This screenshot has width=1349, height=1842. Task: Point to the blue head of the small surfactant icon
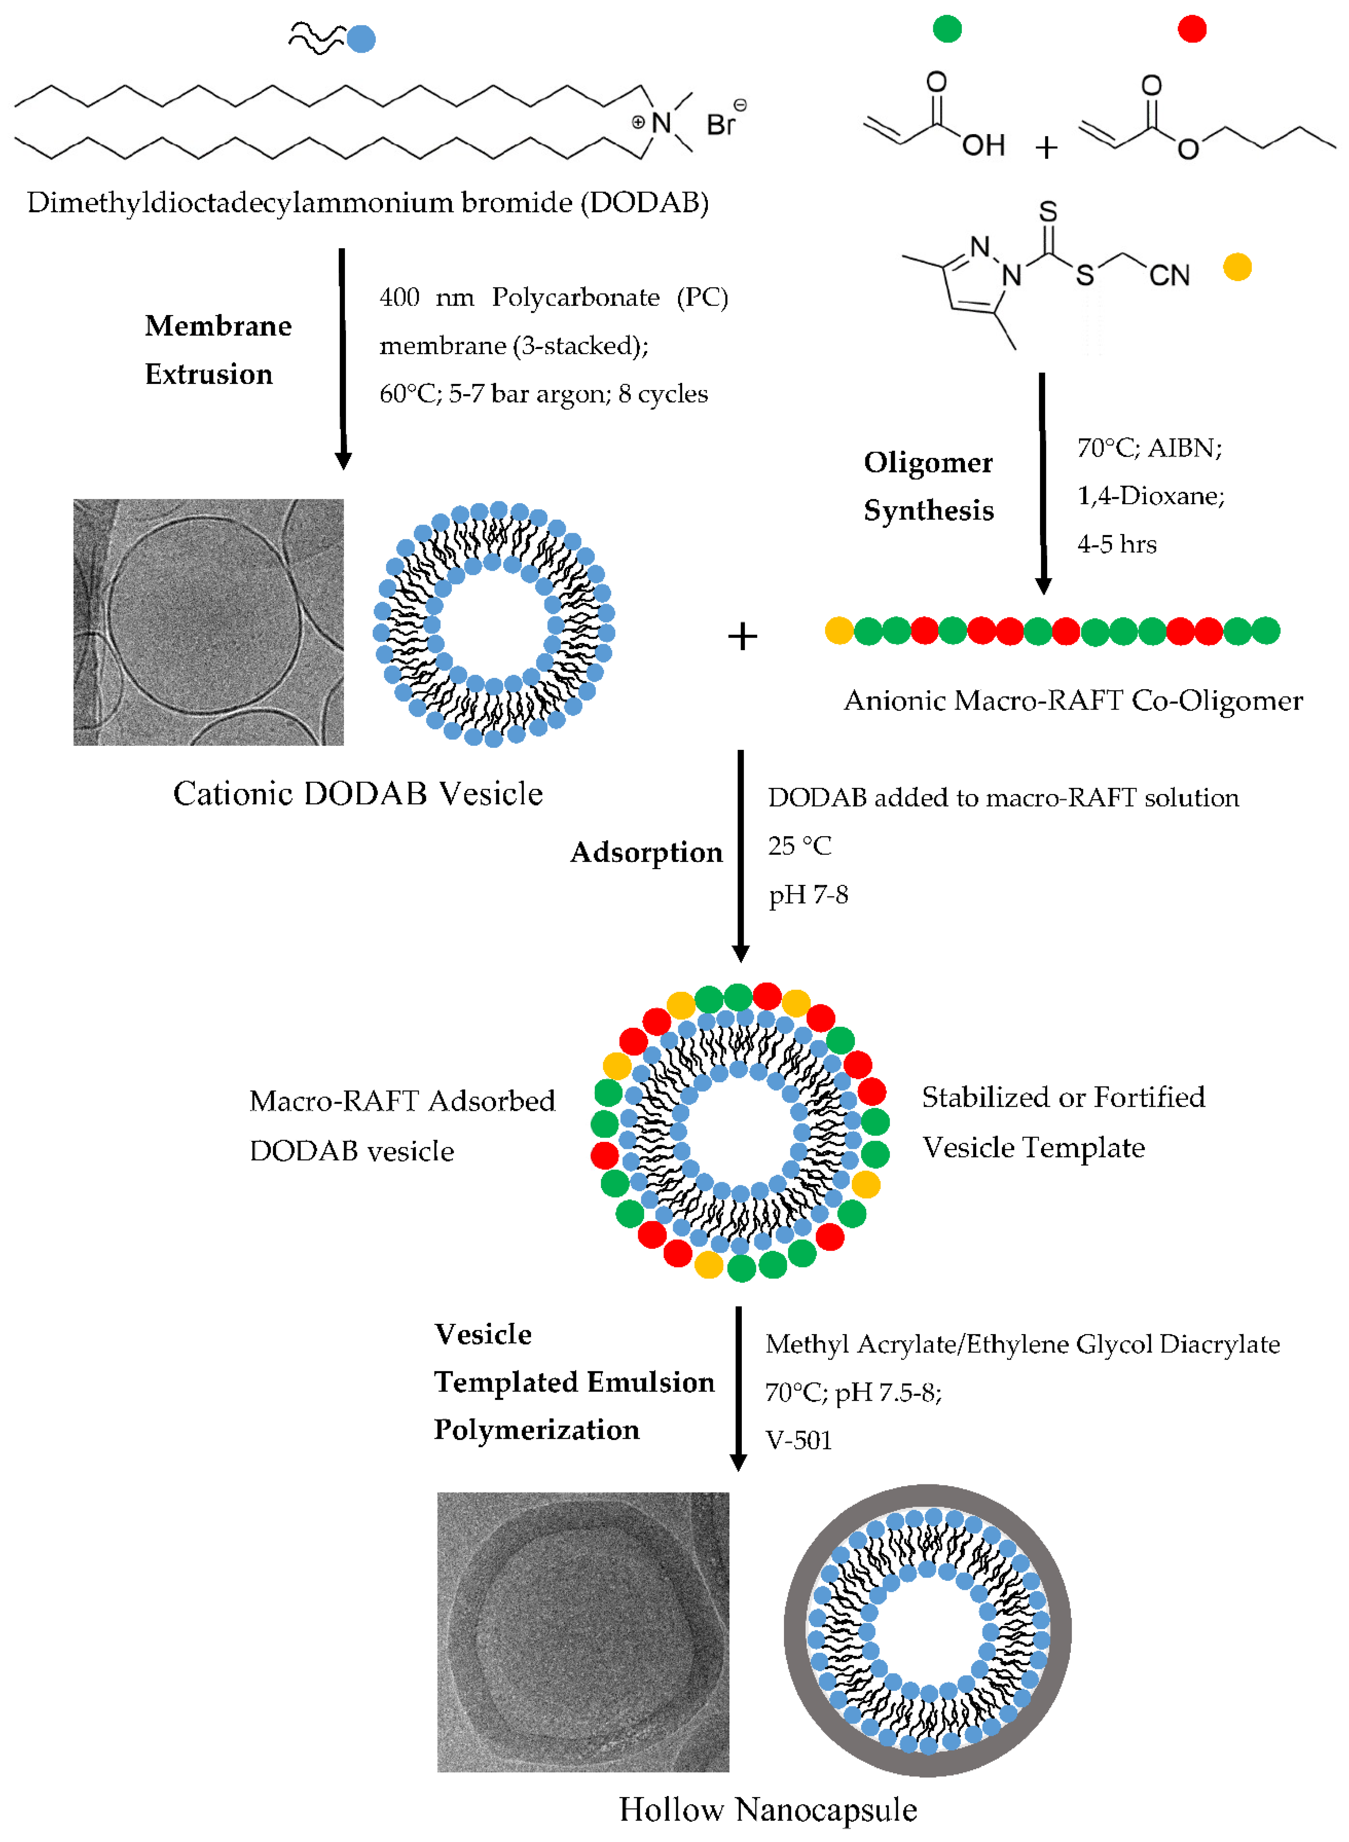(361, 38)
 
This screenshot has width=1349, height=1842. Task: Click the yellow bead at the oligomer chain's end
(839, 630)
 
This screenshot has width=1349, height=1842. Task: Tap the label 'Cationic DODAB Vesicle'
(358, 793)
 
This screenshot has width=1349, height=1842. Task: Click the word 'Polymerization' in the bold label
(536, 1429)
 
